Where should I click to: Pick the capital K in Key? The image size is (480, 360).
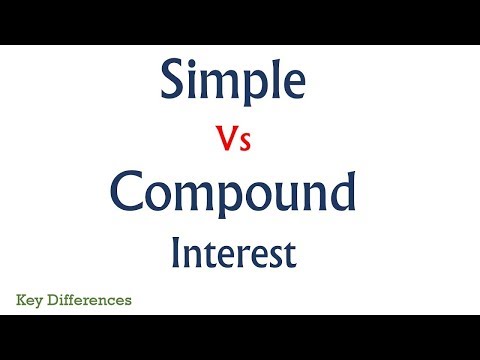click(21, 298)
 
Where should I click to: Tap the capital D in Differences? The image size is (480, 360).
click(51, 298)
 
